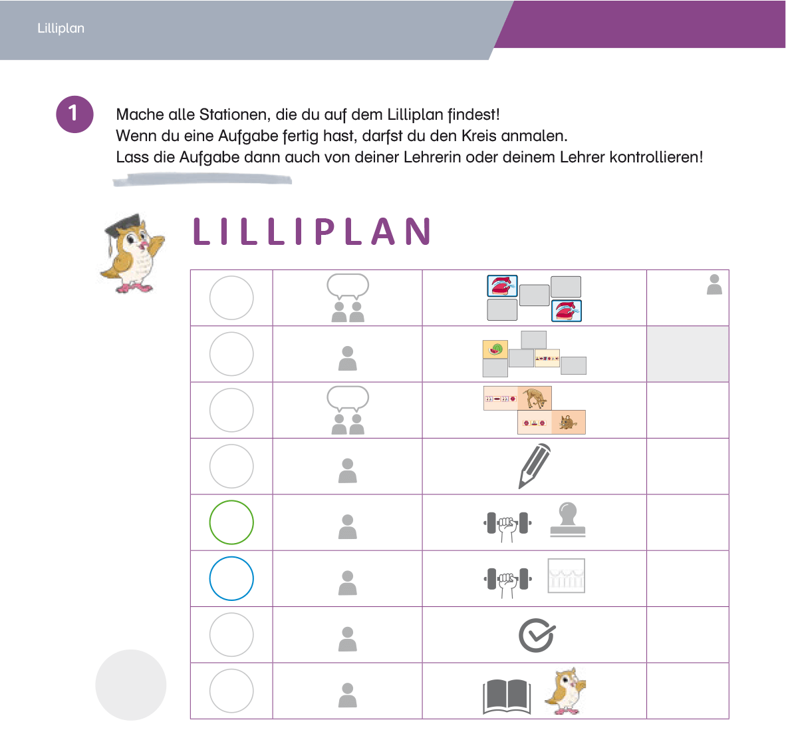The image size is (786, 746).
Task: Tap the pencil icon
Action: tap(535, 466)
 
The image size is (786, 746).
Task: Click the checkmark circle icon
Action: tap(537, 635)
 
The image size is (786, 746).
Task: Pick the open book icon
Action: tap(507, 696)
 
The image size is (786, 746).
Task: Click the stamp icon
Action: tap(567, 520)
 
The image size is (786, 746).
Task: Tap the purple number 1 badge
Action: tap(74, 114)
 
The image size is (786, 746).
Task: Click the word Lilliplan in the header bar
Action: tap(61, 28)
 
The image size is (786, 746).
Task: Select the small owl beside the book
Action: tap(566, 691)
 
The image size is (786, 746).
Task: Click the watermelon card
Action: tap(495, 349)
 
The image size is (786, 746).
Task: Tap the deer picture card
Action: tap(535, 399)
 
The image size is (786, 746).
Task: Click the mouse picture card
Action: tap(569, 422)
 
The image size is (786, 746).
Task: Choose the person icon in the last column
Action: tap(714, 284)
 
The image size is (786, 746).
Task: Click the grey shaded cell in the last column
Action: tap(688, 353)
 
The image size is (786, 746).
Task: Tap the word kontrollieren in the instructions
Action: tap(656, 157)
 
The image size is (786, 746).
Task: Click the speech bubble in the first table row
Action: tap(348, 285)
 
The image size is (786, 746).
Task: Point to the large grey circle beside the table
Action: tap(131, 685)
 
